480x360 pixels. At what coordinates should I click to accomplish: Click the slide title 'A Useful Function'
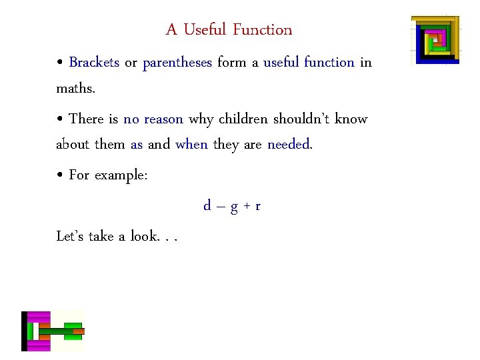point(229,30)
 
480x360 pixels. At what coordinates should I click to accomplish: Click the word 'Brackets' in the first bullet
point(94,63)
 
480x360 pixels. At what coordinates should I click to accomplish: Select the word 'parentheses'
point(177,63)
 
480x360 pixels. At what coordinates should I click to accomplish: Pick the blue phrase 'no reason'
point(153,119)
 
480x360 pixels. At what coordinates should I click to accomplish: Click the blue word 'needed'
point(289,145)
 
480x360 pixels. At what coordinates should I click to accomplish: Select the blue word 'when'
point(191,145)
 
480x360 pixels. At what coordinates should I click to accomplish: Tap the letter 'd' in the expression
point(208,206)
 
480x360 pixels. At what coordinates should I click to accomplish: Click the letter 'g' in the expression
point(234,207)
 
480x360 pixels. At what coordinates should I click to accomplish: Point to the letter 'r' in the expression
point(257,207)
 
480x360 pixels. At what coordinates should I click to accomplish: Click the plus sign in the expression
point(246,207)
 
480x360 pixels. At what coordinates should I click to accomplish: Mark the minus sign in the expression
point(221,207)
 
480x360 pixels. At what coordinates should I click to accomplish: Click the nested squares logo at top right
point(435,39)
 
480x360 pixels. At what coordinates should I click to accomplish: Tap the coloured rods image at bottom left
point(53,331)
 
